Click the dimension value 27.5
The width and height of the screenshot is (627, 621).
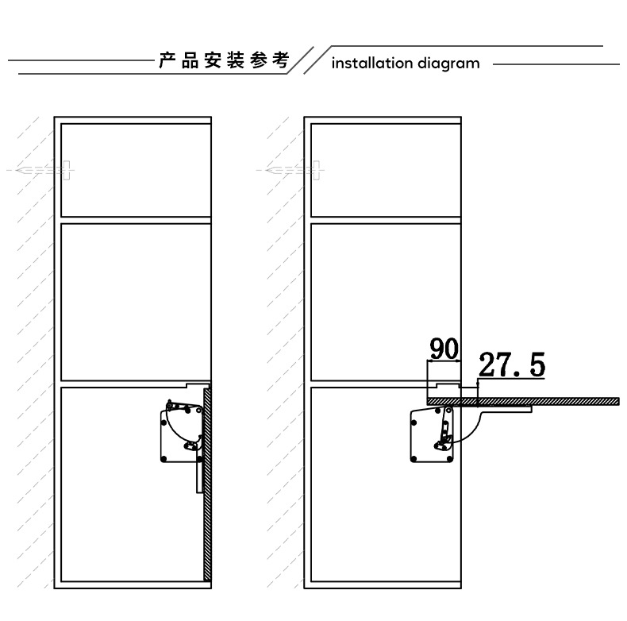click(512, 365)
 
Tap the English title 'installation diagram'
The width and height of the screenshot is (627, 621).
click(406, 64)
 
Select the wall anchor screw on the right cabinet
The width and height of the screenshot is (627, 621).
click(291, 170)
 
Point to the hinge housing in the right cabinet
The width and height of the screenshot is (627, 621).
click(429, 434)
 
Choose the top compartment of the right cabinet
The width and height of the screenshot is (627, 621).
click(385, 169)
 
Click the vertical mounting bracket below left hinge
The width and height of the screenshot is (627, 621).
click(198, 476)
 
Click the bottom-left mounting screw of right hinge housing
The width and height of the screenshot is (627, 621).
click(414, 458)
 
